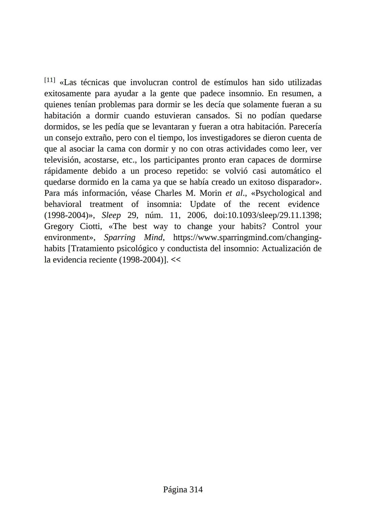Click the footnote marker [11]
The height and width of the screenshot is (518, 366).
[x=49, y=80]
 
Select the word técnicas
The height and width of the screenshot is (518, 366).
[x=95, y=82]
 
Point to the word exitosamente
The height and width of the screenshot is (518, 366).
[x=67, y=94]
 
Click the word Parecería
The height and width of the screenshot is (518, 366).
[x=305, y=127]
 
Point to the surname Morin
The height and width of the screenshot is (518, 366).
[x=210, y=193]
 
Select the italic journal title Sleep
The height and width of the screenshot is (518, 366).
[x=111, y=215]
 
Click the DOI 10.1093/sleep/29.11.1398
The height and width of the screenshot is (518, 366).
[x=267, y=215]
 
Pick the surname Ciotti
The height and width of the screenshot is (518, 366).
[x=91, y=227]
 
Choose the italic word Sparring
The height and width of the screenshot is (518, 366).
[x=120, y=237]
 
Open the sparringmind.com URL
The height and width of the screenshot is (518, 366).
[x=247, y=237]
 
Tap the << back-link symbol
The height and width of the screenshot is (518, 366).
[x=176, y=260]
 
